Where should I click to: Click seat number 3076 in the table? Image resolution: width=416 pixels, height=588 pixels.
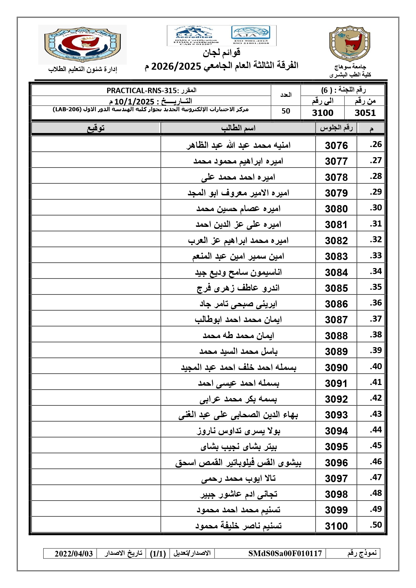tap(336, 145)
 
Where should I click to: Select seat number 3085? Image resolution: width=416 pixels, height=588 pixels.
tap(336, 288)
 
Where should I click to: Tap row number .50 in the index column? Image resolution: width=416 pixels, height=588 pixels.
tap(376, 525)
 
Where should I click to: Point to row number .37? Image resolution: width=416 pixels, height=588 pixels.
tap(376, 319)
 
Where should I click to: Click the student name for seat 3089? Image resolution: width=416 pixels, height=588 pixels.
tap(238, 351)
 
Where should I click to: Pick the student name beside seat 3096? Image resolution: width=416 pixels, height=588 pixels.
tap(238, 463)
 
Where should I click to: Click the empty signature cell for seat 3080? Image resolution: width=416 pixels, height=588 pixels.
tap(96, 208)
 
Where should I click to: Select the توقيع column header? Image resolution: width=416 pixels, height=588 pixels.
tap(96, 128)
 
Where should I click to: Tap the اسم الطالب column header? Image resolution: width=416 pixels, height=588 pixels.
tap(238, 128)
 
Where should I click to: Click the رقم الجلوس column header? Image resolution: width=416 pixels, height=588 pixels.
tap(336, 128)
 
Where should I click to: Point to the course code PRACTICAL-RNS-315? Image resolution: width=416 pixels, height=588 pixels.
tap(141, 90)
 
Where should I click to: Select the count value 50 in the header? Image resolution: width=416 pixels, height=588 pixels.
tap(286, 111)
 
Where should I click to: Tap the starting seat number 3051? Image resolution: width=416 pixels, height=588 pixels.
tap(365, 113)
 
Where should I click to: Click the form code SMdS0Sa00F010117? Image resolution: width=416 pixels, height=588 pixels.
tap(285, 553)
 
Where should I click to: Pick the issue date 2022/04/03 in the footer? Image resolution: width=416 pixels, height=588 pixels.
tap(74, 553)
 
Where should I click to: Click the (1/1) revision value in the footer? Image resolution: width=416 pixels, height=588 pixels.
tap(158, 553)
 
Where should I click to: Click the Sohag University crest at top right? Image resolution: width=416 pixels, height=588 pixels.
tap(350, 44)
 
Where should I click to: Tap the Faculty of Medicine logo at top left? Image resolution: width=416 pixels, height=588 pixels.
tap(82, 44)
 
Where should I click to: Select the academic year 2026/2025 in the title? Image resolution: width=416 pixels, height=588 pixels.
tap(176, 66)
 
